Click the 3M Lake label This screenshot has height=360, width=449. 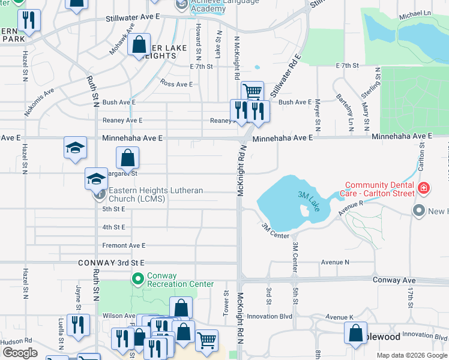pyautogui.click(x=309, y=201)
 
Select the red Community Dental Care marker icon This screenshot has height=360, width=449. pyautogui.click(x=424, y=188)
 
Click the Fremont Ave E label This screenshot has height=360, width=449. pyautogui.click(x=124, y=245)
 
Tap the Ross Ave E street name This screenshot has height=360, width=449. pyautogui.click(x=176, y=84)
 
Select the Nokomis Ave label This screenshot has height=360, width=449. pyautogui.click(x=39, y=103)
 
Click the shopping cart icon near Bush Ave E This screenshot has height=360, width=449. pyautogui.click(x=253, y=92)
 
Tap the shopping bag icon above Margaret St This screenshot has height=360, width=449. pyautogui.click(x=128, y=158)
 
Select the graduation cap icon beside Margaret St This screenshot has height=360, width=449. pyautogui.click(x=96, y=178)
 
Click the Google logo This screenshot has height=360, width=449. pyautogui.click(x=20, y=353)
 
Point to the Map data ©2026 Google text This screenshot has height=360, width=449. pyautogui.click(x=411, y=355)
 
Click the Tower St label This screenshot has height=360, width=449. pyautogui.click(x=226, y=304)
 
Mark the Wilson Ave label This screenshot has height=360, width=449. pyautogui.click(x=119, y=316)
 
